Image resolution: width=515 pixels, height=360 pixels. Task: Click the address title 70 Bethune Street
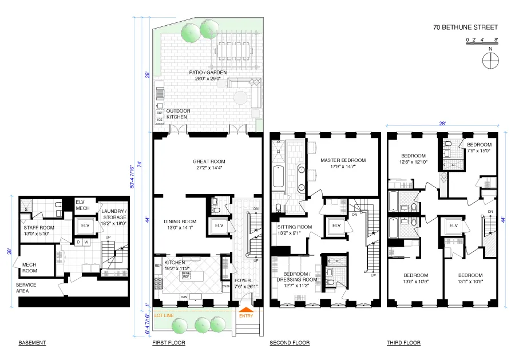[465, 27]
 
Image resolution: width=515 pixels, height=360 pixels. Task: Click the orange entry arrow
[245, 309]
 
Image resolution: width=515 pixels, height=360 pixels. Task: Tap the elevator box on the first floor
[219, 225]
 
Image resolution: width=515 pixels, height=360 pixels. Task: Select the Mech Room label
[30, 267]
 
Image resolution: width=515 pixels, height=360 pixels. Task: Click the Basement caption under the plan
[32, 343]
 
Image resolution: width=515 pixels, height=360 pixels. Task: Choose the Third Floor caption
[403, 343]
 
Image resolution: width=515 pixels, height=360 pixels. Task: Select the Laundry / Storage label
[113, 214]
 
